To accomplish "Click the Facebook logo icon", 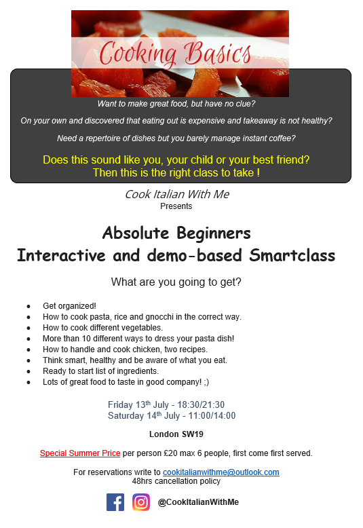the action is tap(115, 502).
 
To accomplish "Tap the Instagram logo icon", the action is tap(141, 502).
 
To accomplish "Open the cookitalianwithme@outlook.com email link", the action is tap(221, 472).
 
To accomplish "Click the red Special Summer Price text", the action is tap(80, 453).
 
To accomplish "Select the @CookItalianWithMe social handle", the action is tap(198, 502).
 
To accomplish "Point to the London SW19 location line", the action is tap(176, 434).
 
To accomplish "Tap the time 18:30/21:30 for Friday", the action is tap(201, 404).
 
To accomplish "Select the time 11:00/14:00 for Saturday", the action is tap(212, 415).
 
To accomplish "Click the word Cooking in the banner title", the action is tap(138, 54).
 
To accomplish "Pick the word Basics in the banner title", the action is tap(218, 53).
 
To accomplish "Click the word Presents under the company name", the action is tap(176, 206).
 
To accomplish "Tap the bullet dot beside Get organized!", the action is tap(28, 307).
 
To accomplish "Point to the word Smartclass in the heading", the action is tap(292, 255).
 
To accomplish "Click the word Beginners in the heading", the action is tap(214, 233).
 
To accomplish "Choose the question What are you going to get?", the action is tap(176, 282).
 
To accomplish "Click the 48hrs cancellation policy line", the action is tap(176, 481).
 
